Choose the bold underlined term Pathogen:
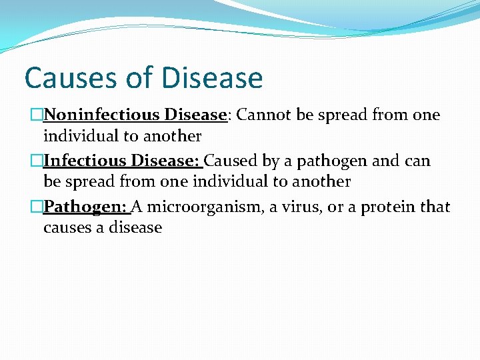(86, 207)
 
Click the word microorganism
(205, 207)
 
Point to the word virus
(304, 207)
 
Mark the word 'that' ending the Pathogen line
(435, 207)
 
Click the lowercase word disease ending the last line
(136, 228)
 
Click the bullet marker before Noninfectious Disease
(37, 115)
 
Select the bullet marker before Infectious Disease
(37, 161)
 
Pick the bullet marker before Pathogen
(37, 207)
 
